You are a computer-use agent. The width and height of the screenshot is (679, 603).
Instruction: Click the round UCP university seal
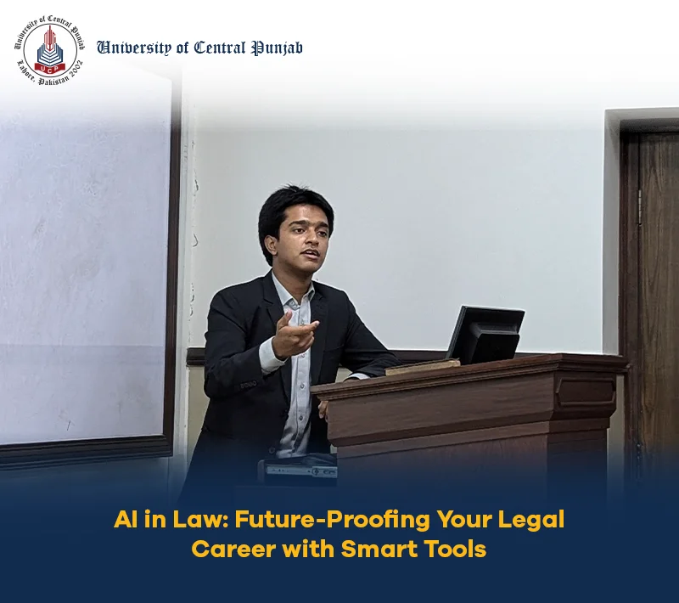pyautogui.click(x=50, y=50)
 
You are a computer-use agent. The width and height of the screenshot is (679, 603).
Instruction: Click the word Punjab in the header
pyautogui.click(x=278, y=48)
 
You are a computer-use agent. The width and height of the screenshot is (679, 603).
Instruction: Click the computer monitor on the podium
pyautogui.click(x=485, y=335)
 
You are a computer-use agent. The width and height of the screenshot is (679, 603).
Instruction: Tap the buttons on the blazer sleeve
pyautogui.click(x=249, y=384)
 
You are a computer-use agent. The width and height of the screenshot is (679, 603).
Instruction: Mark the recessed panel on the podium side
pyautogui.click(x=586, y=392)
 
